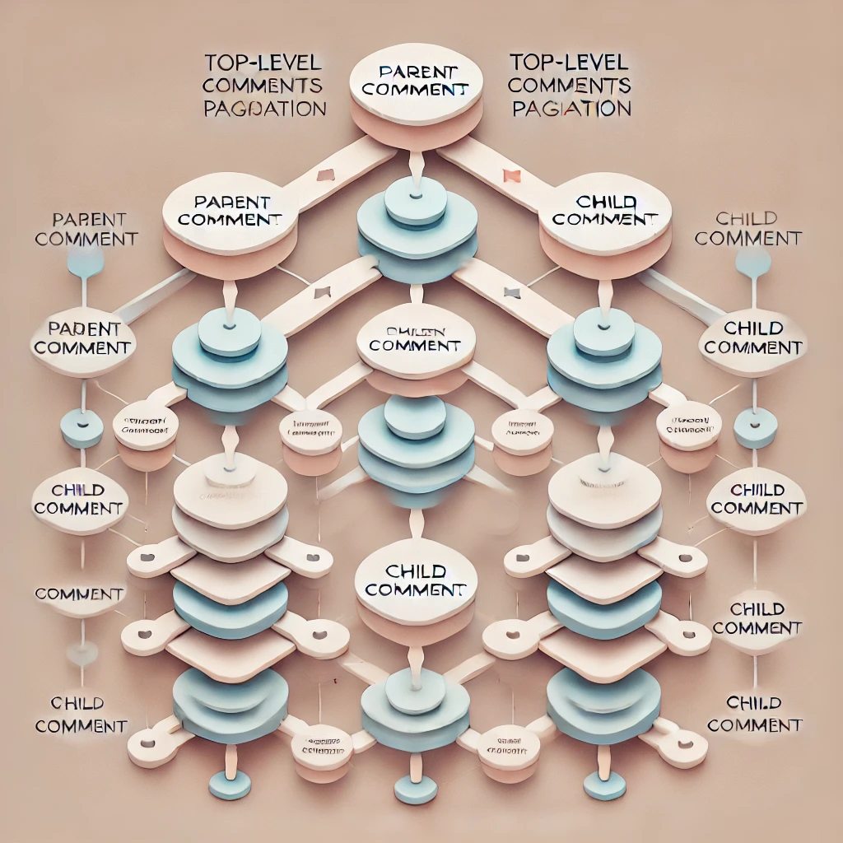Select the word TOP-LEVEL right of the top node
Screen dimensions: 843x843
click(x=571, y=63)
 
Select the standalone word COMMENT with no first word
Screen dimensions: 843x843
click(x=80, y=594)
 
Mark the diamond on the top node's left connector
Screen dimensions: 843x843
click(x=324, y=175)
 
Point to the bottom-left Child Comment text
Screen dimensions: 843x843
click(x=80, y=715)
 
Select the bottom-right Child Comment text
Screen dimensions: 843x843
click(x=754, y=714)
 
